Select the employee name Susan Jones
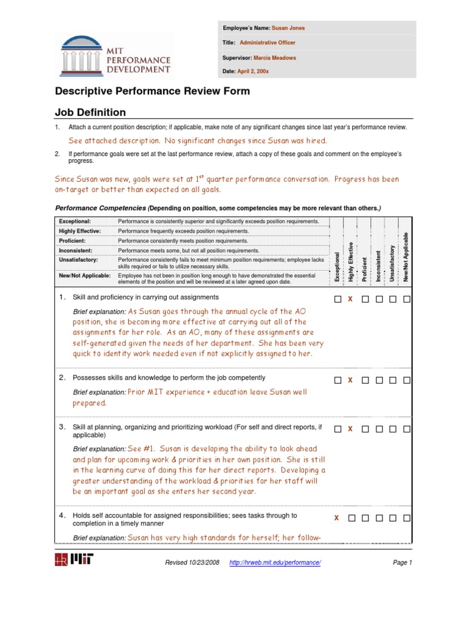click(x=288, y=28)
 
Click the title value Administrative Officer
click(x=268, y=43)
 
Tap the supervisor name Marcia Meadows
click(x=275, y=58)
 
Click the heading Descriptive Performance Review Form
click(x=152, y=92)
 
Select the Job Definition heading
click(x=91, y=112)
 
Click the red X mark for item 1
click(x=350, y=299)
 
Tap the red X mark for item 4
click(x=336, y=518)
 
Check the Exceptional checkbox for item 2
click(x=337, y=380)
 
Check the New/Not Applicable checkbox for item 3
click(x=407, y=429)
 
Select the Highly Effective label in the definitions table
click(x=80, y=231)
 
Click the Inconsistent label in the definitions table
click(x=75, y=250)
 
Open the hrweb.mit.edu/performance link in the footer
click(x=275, y=563)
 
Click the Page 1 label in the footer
click(x=402, y=563)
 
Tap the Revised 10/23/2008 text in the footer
click(x=193, y=563)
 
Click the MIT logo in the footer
click(x=74, y=560)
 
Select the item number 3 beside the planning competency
click(x=62, y=427)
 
